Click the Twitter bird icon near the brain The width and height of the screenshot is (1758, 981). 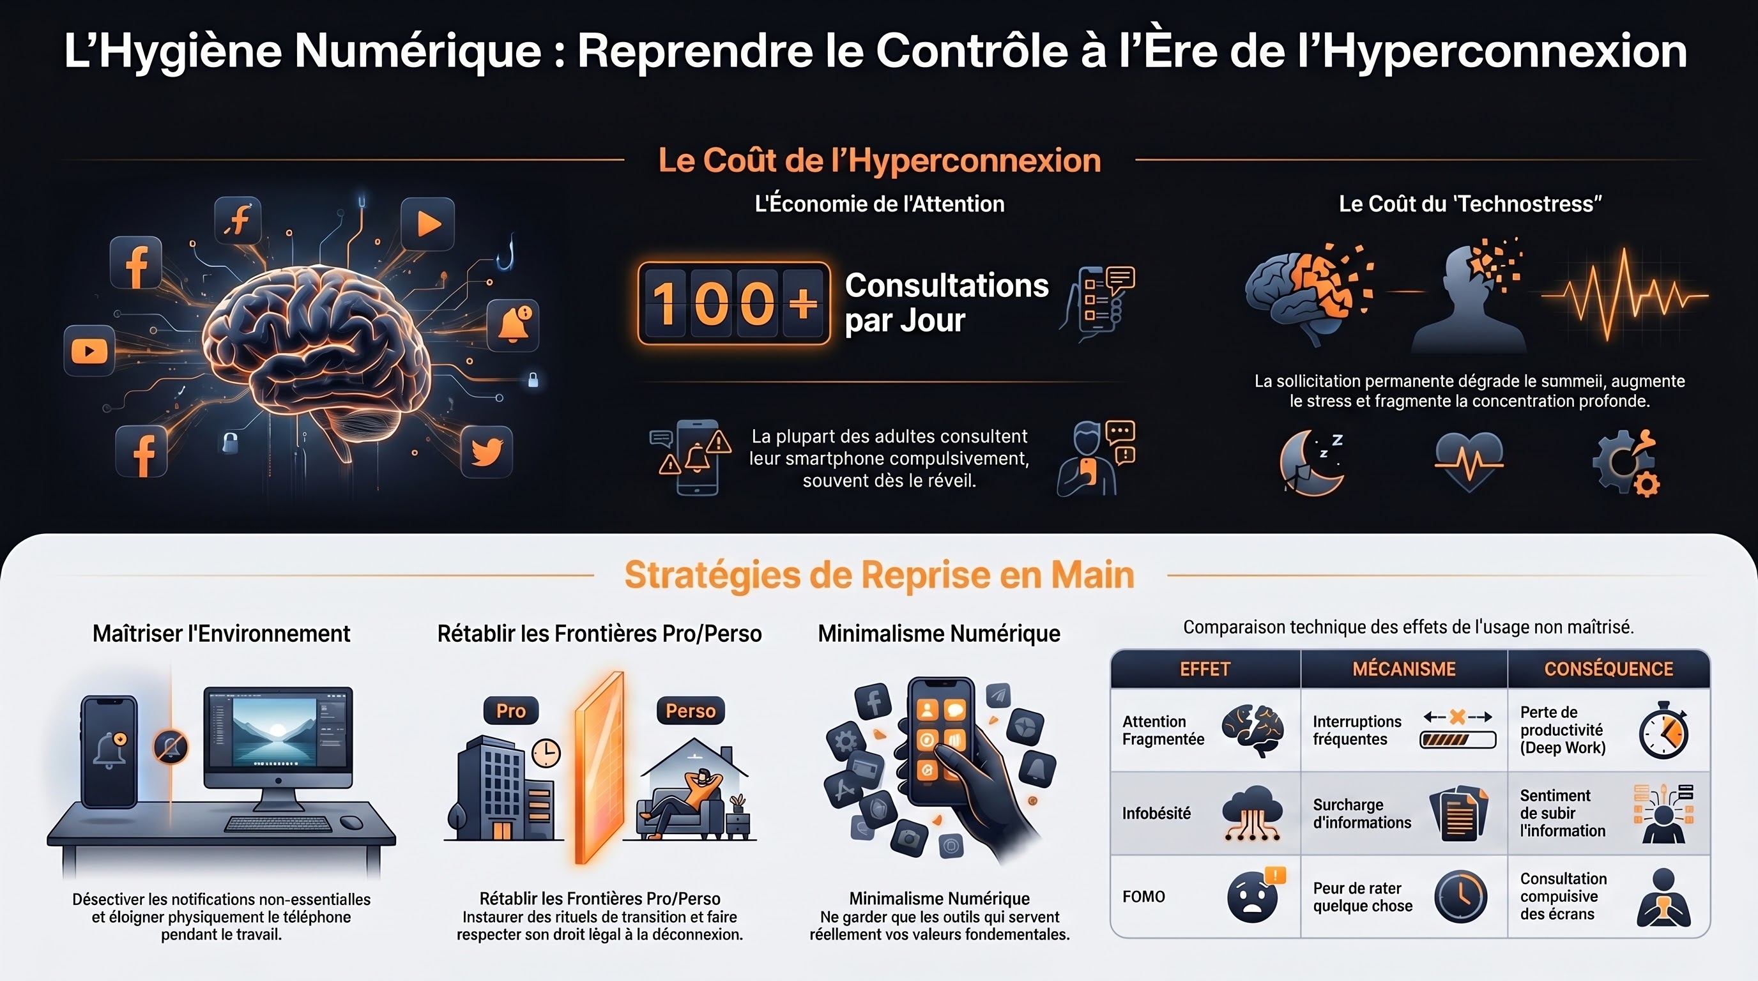pyautogui.click(x=487, y=451)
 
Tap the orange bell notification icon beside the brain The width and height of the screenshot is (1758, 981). pyautogui.click(x=513, y=324)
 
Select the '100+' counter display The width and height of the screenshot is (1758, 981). pyautogui.click(x=733, y=303)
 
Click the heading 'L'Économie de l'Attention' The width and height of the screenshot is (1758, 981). pyautogui.click(x=880, y=203)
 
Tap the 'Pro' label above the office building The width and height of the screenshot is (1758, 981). pyautogui.click(x=511, y=711)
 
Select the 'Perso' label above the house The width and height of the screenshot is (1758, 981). pyautogui.click(x=691, y=711)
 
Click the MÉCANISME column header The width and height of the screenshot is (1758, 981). pyautogui.click(x=1404, y=669)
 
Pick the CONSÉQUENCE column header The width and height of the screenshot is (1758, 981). pyautogui.click(x=1609, y=669)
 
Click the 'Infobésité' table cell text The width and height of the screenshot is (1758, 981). pyautogui.click(x=1156, y=813)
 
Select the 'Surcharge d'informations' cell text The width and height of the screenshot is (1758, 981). pyautogui.click(x=1361, y=813)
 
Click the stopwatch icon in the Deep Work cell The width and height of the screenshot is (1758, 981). pyautogui.click(x=1664, y=730)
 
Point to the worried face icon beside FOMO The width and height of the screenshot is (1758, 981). pyautogui.click(x=1252, y=897)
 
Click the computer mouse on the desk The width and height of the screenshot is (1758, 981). pyautogui.click(x=351, y=822)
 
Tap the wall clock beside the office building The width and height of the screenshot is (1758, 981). pyautogui.click(x=546, y=753)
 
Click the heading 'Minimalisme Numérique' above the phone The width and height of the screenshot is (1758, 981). pyautogui.click(x=939, y=634)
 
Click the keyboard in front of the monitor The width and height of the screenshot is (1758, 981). pyautogui.click(x=278, y=823)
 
